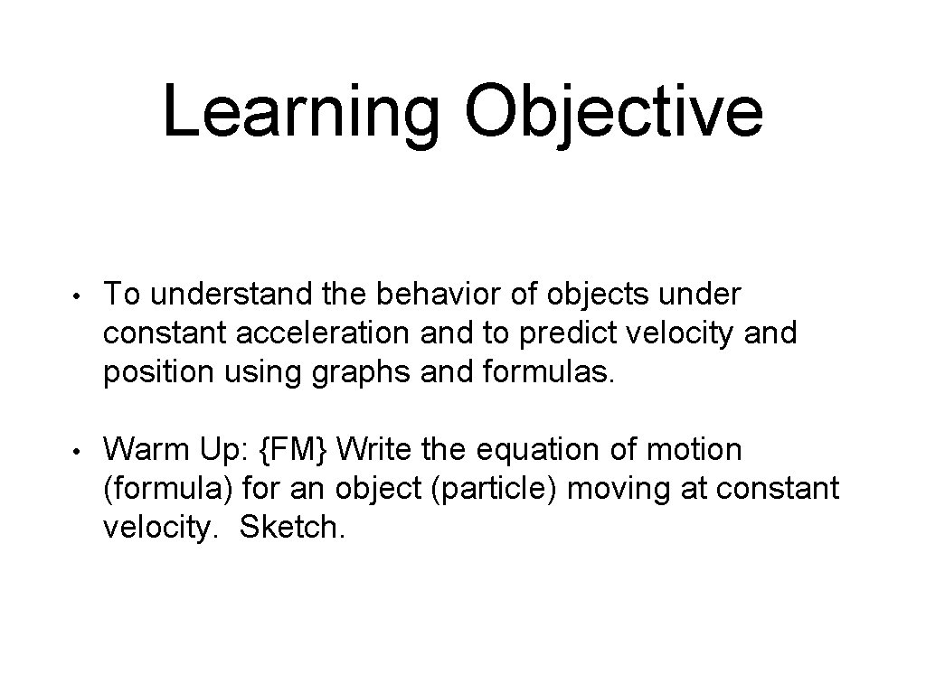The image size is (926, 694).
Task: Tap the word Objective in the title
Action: tap(613, 113)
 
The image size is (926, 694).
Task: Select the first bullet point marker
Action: tap(80, 295)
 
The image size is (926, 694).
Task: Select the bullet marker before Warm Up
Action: tap(80, 451)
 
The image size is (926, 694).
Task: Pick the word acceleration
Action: tap(325, 333)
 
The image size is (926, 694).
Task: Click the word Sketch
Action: tap(292, 528)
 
